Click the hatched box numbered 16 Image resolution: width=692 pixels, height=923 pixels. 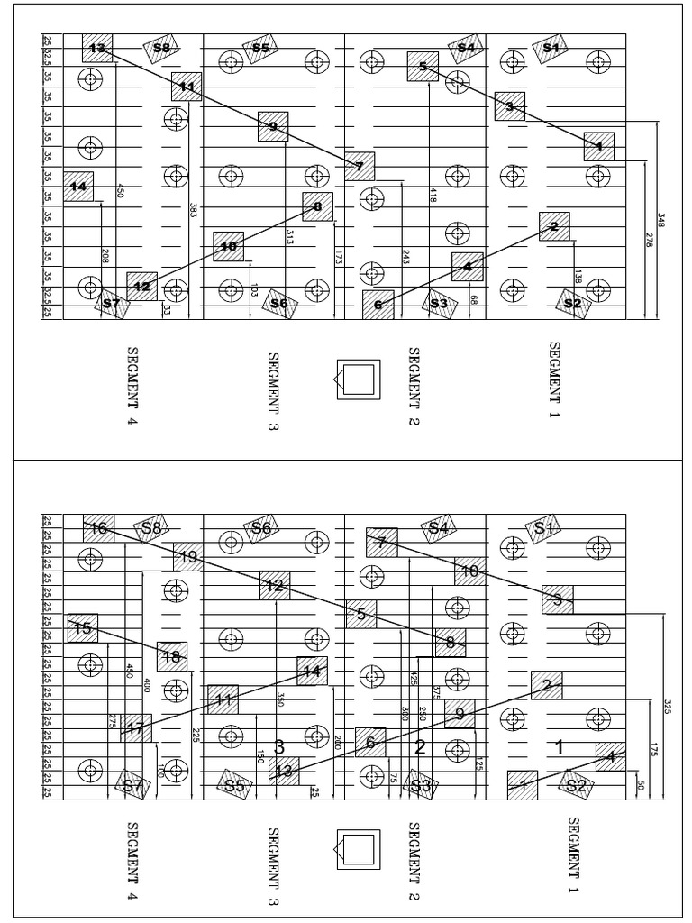[98, 528]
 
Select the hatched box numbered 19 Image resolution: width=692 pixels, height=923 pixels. [188, 557]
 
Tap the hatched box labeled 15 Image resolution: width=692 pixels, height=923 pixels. [83, 628]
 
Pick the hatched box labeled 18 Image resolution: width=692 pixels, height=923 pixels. [171, 656]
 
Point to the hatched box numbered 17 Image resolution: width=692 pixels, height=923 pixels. [136, 728]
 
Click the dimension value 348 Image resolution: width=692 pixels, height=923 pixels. [660, 220]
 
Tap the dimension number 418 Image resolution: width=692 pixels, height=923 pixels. [433, 193]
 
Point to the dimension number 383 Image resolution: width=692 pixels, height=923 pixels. [193, 210]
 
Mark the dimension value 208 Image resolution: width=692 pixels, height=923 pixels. [105, 256]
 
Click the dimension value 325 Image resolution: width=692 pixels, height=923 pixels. [668, 705]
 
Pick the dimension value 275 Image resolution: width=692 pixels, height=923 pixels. [112, 722]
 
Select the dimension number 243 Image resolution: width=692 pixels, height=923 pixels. [405, 257]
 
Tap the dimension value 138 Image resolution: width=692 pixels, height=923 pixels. [578, 277]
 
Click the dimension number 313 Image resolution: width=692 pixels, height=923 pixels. [290, 237]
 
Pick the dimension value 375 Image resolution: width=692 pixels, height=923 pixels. [436, 692]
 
